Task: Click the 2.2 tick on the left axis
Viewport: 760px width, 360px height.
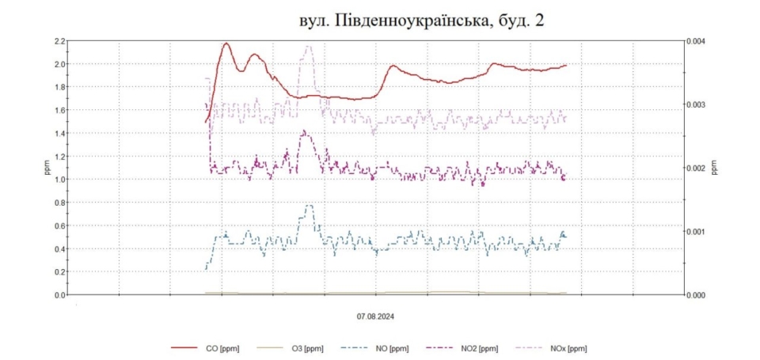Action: [x=59, y=40]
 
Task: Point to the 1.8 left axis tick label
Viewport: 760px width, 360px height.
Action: [x=59, y=87]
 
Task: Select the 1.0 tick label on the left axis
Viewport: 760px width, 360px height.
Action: [x=59, y=180]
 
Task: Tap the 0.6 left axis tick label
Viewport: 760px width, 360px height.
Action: [x=59, y=225]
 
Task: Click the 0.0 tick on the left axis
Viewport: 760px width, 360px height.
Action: [x=59, y=295]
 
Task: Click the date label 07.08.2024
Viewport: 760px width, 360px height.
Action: [x=375, y=316]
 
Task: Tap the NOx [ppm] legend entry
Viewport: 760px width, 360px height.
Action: [x=568, y=348]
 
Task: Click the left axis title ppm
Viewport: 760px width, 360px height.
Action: [x=44, y=168]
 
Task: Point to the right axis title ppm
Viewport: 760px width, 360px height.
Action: [x=714, y=168]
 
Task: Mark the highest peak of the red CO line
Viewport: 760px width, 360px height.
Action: [x=226, y=44]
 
